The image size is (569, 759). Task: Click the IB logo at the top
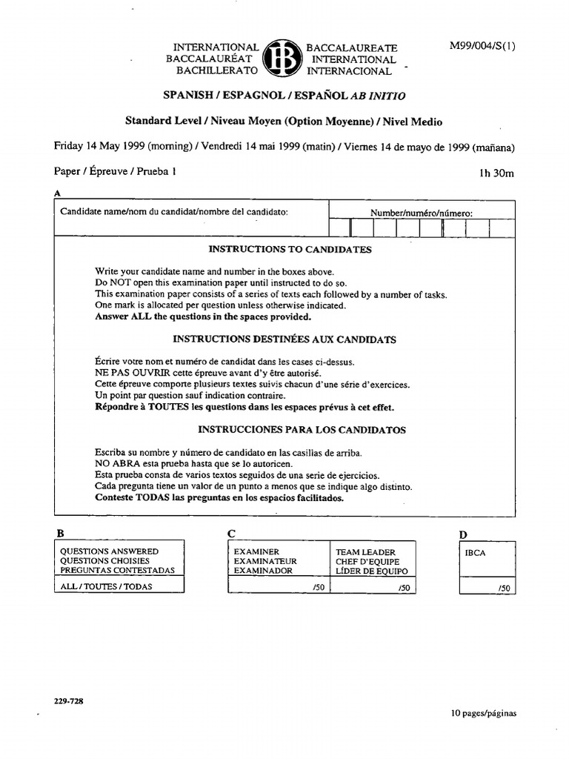282,59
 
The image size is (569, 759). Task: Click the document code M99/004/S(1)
482,46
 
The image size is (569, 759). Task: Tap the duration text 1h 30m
496,173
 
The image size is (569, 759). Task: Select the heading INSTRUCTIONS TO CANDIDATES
290,250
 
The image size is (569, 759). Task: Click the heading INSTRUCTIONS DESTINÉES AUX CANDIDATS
284,339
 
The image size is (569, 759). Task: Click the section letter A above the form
57,193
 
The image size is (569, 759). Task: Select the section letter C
231,533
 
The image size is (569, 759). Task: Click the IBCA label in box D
475,553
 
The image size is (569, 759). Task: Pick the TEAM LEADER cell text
366,552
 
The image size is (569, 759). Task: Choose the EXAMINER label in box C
256,552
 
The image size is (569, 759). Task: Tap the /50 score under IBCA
504,588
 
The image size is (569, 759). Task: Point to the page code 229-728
68,700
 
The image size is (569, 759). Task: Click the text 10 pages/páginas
483,714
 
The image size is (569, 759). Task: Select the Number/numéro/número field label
421,213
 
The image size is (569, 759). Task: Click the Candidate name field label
174,211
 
